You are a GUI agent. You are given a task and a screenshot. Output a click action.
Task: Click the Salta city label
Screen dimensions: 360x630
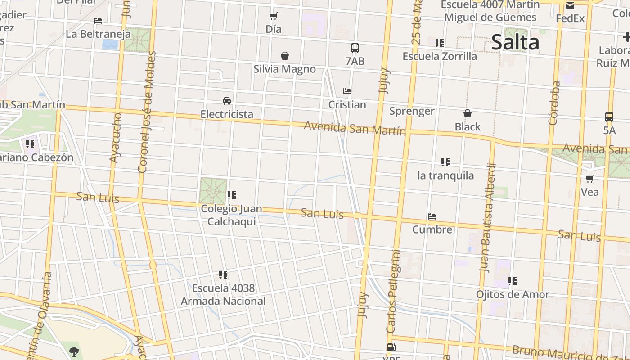(515, 42)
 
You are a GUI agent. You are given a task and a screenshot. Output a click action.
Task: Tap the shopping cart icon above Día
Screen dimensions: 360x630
(273, 16)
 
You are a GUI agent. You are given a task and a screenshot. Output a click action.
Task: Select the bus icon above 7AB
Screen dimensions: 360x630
(355, 48)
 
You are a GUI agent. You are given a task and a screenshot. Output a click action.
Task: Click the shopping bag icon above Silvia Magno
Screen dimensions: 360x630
(284, 56)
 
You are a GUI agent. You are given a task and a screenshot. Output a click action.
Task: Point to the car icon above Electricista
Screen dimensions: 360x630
(227, 101)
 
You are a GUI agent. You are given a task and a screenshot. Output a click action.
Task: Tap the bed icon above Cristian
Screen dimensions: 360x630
(347, 91)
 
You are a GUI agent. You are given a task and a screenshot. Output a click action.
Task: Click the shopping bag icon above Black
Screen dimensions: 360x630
(468, 113)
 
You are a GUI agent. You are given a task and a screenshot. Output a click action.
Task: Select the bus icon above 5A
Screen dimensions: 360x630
(609, 117)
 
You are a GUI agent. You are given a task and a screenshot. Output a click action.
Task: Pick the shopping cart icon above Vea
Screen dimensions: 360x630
(589, 179)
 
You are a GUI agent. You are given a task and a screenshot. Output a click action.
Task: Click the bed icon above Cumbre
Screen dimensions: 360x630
(432, 216)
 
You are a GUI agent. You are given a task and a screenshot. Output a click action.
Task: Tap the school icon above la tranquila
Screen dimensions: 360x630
(445, 162)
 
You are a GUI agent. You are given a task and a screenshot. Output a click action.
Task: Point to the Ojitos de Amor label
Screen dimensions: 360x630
(513, 295)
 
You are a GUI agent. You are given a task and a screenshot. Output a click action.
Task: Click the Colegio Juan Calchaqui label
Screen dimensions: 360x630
(231, 215)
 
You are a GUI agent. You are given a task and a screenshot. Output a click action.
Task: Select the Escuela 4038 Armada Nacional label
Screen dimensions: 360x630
(223, 295)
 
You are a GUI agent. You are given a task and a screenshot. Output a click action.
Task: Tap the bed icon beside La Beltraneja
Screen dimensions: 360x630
(98, 21)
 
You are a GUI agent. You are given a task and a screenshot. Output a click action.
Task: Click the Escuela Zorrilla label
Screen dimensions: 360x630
(440, 57)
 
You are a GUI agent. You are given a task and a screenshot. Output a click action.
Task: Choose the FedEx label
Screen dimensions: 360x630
(570, 18)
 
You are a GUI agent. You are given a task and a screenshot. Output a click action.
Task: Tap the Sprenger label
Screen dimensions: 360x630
(412, 111)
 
